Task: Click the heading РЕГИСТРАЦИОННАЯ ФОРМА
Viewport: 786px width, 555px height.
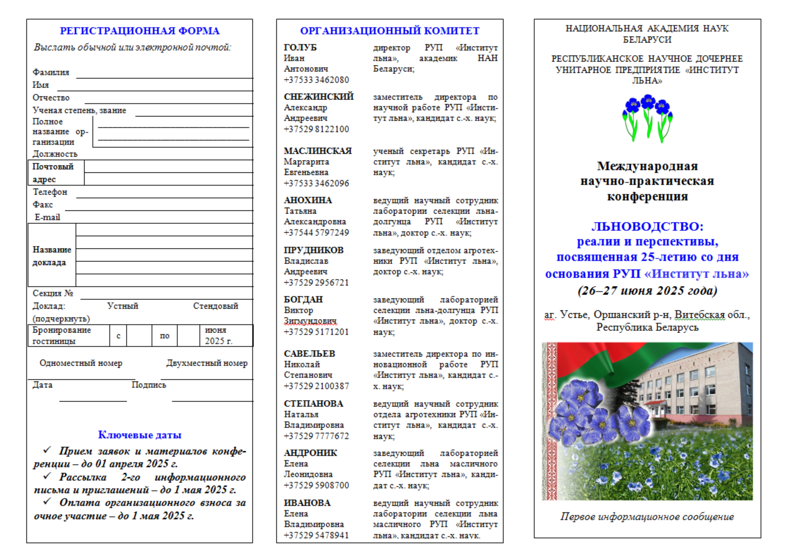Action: coord(140,31)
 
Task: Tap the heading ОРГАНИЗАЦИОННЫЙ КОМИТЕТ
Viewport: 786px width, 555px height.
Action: coord(390,31)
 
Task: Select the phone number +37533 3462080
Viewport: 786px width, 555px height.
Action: coord(316,80)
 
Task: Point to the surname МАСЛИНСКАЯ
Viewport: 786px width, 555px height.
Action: coord(318,151)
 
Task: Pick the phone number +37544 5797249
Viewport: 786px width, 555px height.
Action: coord(316,233)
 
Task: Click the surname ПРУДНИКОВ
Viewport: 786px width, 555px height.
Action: coord(314,250)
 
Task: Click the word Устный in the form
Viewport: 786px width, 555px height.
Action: coord(123,306)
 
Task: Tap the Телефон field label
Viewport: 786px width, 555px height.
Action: coord(50,192)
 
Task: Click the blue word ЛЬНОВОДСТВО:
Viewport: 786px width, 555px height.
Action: coord(647,227)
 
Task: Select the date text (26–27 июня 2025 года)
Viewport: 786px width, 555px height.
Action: coord(647,291)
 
